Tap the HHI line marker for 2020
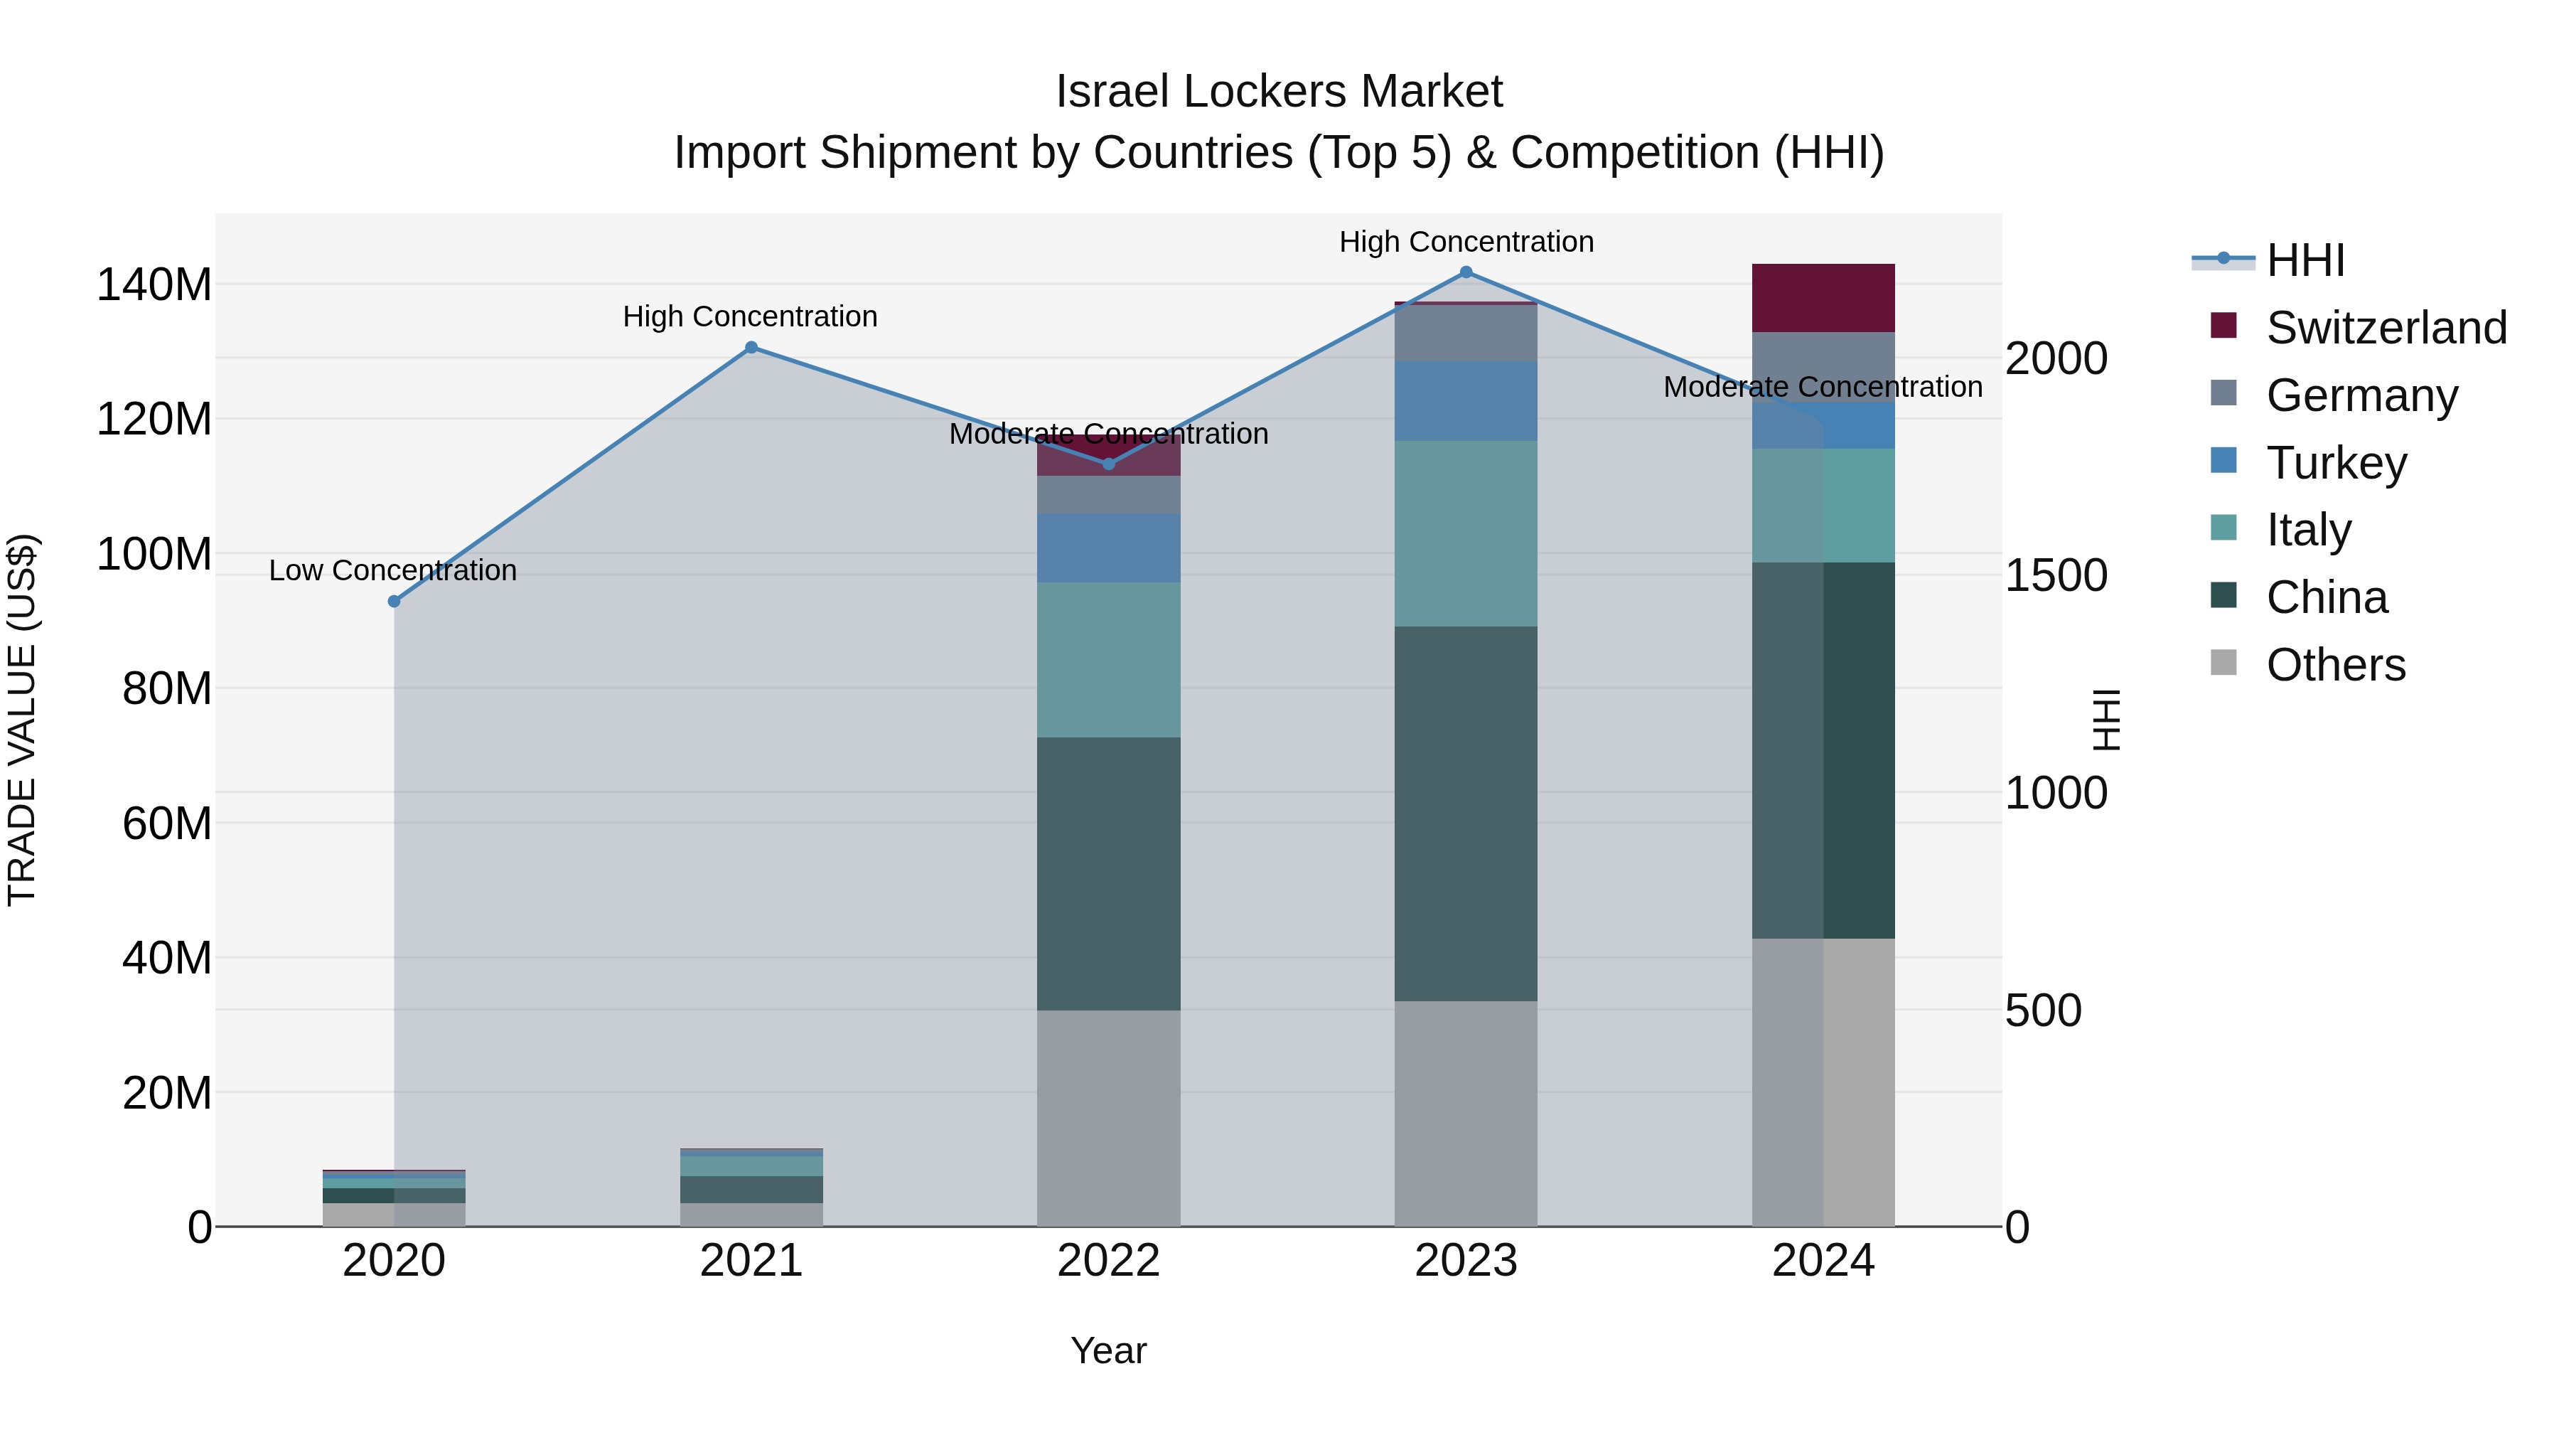tap(395, 601)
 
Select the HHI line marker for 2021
tap(751, 348)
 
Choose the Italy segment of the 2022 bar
tap(1109, 660)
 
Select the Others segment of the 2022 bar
tap(1109, 1118)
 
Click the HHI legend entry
tap(2305, 260)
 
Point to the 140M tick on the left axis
tap(154, 285)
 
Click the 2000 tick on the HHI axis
tap(2055, 359)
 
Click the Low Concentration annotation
tap(393, 570)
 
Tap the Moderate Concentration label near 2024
tap(1823, 387)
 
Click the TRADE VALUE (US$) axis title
tap(22, 720)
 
